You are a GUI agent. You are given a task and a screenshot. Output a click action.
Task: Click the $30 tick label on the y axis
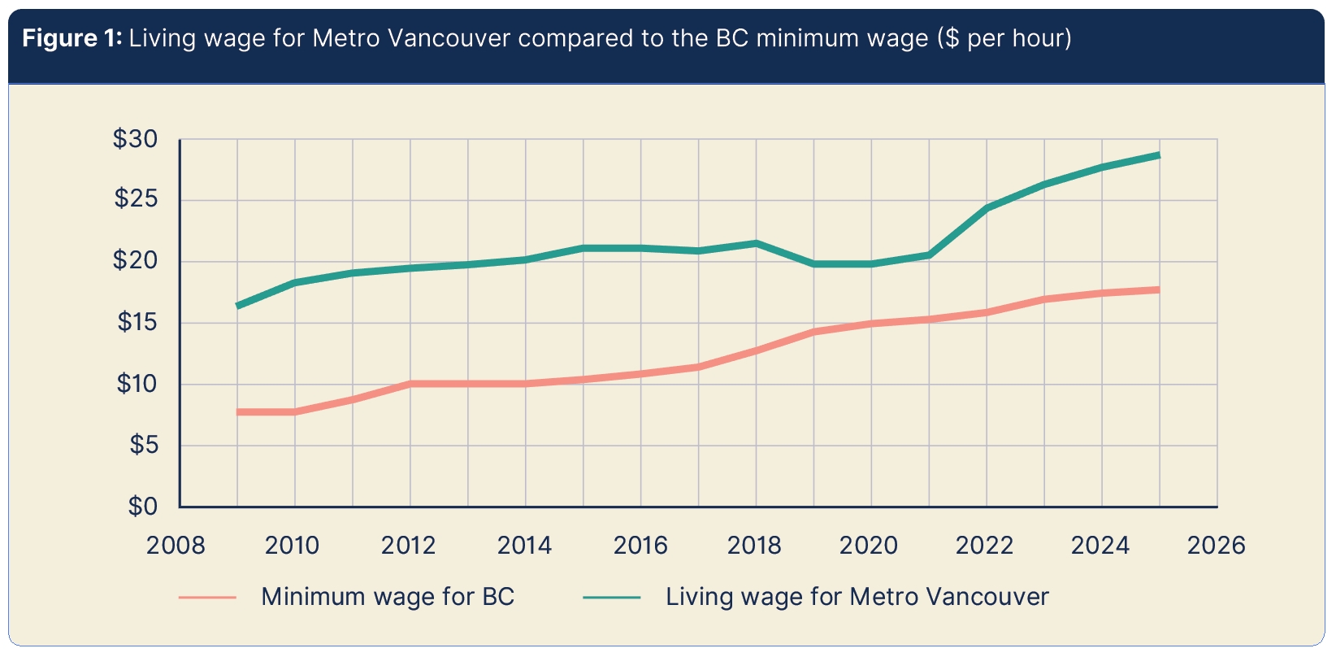135,140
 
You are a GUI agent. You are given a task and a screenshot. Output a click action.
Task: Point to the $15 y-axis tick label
137,323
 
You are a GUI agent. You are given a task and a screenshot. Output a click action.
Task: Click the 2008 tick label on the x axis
176,545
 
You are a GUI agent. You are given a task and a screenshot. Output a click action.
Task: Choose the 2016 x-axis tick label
640,545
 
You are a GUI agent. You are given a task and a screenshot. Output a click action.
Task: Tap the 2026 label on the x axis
1216,545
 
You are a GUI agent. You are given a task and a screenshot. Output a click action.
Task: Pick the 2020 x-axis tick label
869,545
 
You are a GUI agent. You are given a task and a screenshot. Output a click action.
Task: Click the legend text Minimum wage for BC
388,597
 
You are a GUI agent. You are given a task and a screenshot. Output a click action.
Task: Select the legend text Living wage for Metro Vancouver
857,597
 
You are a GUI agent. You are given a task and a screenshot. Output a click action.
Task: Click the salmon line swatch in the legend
207,598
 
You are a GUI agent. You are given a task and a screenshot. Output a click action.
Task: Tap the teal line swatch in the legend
612,598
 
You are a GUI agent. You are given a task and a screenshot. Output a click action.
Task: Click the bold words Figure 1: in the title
72,38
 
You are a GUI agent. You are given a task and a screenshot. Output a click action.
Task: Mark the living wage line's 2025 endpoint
1159,155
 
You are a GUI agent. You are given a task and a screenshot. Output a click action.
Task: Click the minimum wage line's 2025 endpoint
1159,289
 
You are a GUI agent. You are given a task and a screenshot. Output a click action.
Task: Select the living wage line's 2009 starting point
237,306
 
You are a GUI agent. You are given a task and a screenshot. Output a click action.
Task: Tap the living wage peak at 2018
756,243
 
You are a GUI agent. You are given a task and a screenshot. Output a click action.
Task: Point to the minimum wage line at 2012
410,384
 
